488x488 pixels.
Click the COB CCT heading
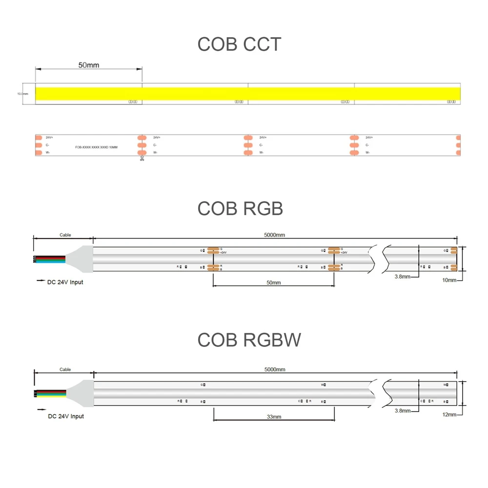click(239, 44)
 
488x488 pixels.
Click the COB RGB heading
click(240, 208)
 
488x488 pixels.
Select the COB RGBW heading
click(249, 340)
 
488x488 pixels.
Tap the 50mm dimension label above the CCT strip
click(88, 65)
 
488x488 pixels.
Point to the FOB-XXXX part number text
click(97, 146)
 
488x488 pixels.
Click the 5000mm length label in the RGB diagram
click(274, 235)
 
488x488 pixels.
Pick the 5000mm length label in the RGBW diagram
click(274, 369)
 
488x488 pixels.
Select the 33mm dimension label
click(274, 417)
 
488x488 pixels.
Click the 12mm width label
click(449, 414)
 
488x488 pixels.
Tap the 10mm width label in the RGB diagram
click(449, 280)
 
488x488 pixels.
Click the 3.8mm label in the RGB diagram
click(403, 276)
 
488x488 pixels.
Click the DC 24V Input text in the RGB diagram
click(65, 282)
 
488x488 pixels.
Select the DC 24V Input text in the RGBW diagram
click(65, 416)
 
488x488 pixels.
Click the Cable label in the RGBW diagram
click(65, 369)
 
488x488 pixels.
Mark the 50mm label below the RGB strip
click(273, 283)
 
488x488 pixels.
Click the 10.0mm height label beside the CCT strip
click(22, 94)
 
